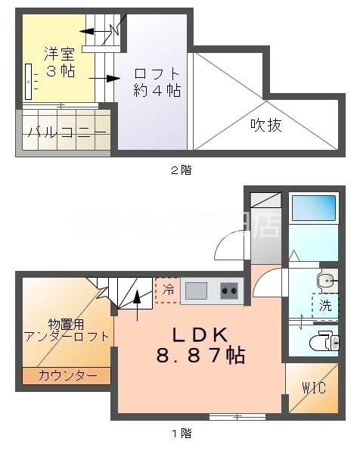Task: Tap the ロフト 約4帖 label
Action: [157, 82]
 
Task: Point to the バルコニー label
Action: [66, 132]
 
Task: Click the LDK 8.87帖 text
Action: [200, 344]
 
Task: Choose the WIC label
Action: [313, 389]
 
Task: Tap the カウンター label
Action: [67, 375]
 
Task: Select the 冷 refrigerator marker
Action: [167, 288]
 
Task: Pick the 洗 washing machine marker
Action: [325, 306]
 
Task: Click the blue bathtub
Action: [313, 208]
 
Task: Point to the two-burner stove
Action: [229, 289]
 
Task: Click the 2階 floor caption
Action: [180, 170]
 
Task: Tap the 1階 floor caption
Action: [180, 434]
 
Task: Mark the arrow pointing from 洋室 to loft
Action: [105, 78]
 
